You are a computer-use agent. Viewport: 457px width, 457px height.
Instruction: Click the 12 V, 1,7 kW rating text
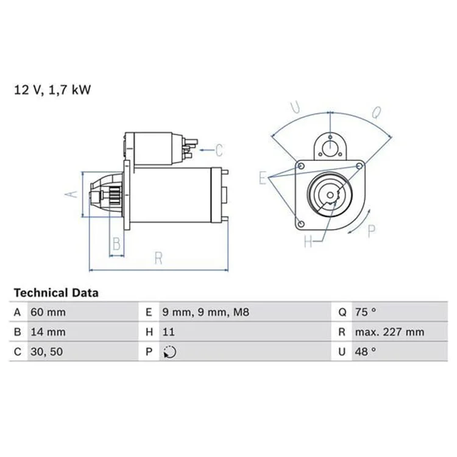point(52,90)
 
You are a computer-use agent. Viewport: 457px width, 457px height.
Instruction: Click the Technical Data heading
point(56,293)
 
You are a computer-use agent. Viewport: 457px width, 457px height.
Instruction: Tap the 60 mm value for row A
point(48,312)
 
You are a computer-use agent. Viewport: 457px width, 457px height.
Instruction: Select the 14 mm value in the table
point(48,332)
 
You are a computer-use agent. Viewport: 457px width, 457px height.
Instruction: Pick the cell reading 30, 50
point(47,352)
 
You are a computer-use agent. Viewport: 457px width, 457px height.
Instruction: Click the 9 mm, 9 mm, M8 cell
point(206,312)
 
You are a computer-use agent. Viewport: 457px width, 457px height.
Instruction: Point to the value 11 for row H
point(168,332)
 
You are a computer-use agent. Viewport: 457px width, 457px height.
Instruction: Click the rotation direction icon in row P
point(169,352)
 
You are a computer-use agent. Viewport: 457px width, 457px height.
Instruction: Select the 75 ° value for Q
point(366,312)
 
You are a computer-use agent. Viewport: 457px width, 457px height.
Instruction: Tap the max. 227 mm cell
point(389,332)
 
